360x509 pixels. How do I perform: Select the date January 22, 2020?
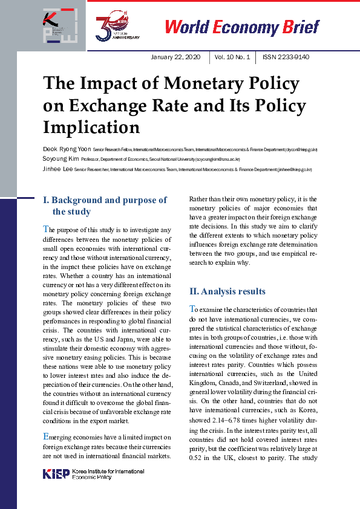coord(176,57)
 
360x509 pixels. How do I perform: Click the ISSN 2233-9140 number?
coord(286,57)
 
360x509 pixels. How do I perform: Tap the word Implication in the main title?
coord(91,127)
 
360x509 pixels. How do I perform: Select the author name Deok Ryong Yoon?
coord(67,149)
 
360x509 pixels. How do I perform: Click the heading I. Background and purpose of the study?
coord(106,206)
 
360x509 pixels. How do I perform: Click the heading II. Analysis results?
coord(227,291)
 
